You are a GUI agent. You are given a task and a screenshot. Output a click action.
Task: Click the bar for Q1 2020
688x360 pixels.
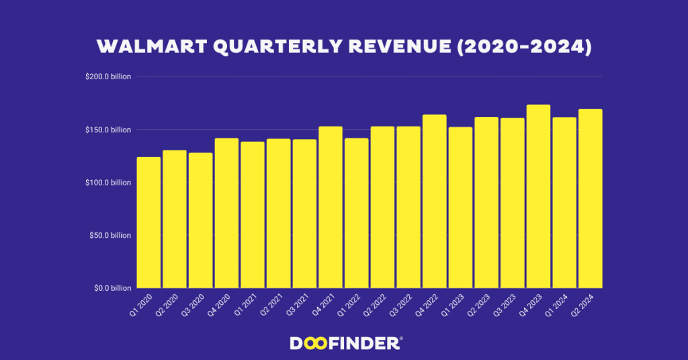[x=148, y=222]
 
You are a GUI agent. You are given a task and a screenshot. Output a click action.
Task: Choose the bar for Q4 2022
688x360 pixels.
[x=435, y=201]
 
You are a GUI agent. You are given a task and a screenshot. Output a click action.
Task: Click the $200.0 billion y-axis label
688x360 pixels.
[x=107, y=77]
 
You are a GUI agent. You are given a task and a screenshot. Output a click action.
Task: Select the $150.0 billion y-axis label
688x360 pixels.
[x=107, y=130]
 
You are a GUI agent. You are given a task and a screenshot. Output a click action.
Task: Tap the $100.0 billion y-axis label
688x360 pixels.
[x=107, y=183]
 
